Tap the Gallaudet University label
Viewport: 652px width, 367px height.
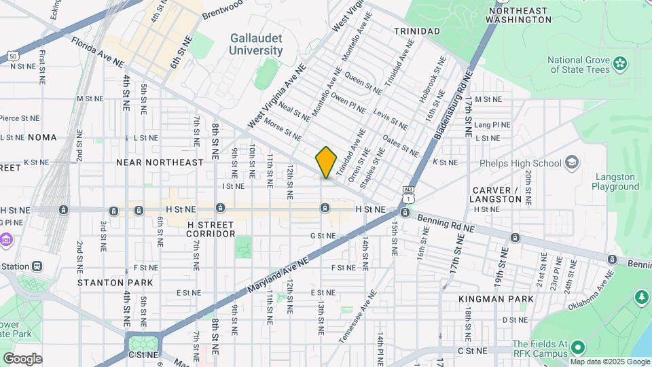click(255, 44)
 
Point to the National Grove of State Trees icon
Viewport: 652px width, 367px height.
click(619, 64)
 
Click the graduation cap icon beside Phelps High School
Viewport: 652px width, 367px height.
click(572, 162)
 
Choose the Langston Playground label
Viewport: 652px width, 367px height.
click(615, 181)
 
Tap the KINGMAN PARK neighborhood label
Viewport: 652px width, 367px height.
click(495, 298)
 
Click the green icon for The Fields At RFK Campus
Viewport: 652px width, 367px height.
click(577, 349)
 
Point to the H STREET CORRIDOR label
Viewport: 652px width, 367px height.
click(211, 228)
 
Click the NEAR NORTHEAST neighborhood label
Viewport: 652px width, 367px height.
click(160, 162)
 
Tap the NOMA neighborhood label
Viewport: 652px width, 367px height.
click(42, 137)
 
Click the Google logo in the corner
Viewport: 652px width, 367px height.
click(22, 359)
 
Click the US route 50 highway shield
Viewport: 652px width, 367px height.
click(13, 56)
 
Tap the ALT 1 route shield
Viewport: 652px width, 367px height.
click(407, 194)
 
